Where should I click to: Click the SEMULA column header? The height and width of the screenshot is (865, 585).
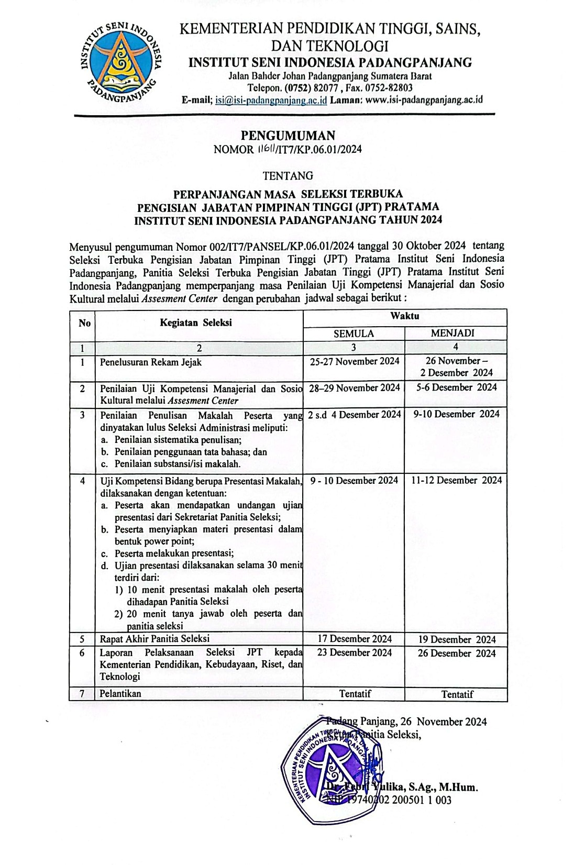(354, 334)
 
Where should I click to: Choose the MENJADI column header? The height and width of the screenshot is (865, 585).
(456, 334)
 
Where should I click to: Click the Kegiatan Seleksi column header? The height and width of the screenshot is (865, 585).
(196, 323)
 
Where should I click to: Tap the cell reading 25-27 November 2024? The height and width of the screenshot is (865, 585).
(355, 361)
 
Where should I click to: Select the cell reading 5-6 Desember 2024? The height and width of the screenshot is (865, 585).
(456, 387)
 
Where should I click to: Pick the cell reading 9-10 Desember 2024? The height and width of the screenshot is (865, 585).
(456, 414)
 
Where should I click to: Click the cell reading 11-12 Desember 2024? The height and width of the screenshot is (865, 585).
(456, 480)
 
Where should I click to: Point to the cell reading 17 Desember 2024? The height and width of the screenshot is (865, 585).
(355, 639)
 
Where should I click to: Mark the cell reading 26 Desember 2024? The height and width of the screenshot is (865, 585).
(457, 653)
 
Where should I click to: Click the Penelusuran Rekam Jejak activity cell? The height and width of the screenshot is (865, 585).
(151, 362)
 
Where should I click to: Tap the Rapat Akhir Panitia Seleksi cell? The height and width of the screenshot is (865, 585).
(155, 639)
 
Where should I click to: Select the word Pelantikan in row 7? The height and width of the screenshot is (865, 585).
(120, 694)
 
